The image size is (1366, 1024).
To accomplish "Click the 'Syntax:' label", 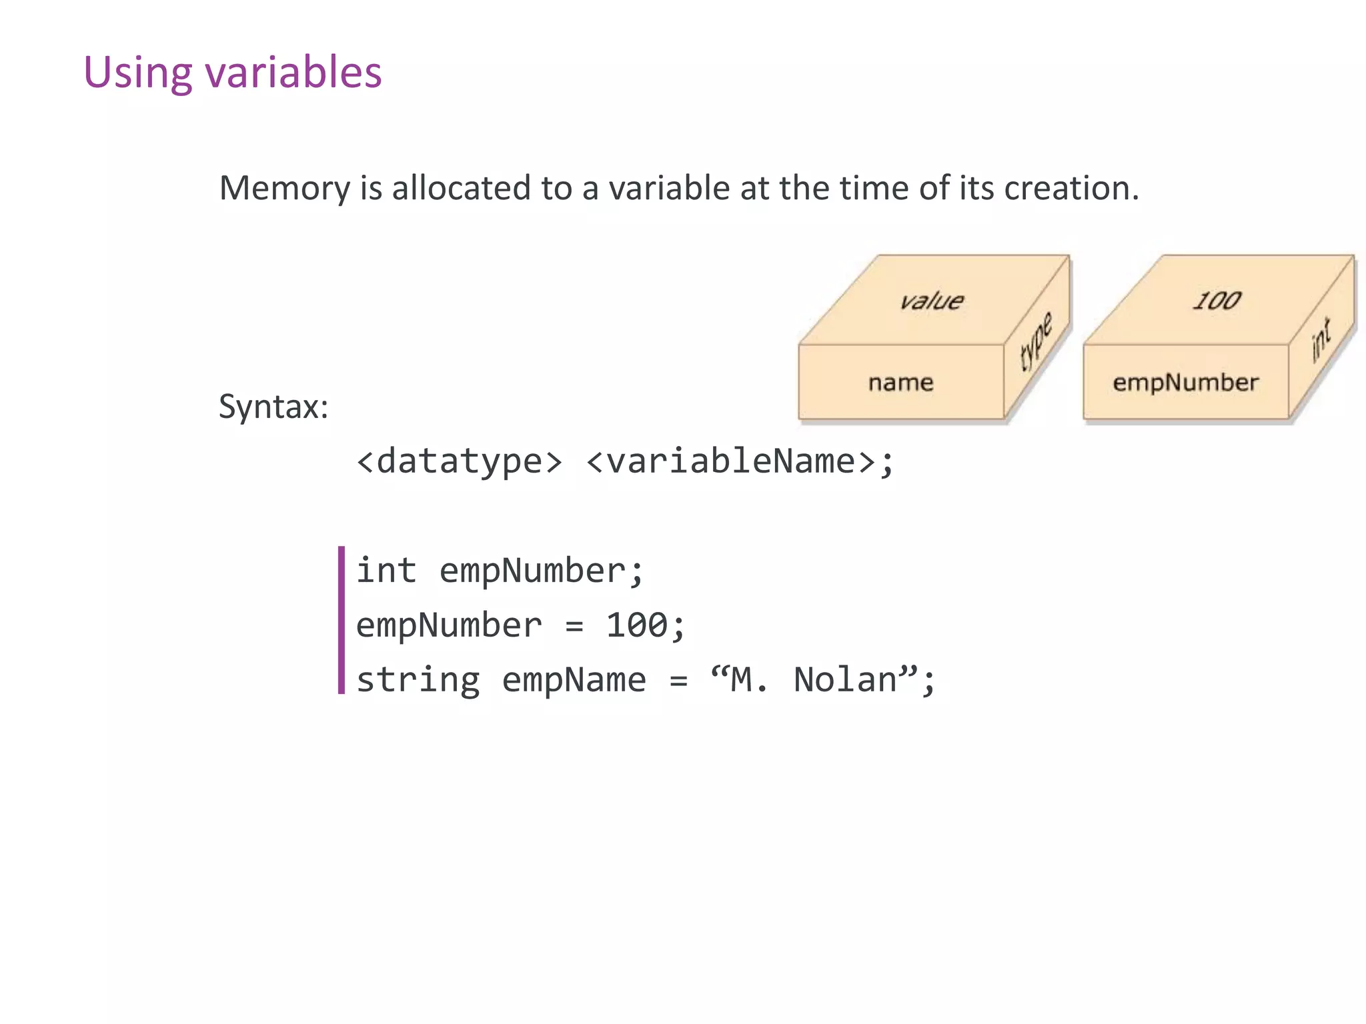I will tap(273, 406).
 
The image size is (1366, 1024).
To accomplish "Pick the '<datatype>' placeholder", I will tap(460, 461).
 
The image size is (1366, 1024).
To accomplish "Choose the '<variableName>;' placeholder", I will tap(739, 461).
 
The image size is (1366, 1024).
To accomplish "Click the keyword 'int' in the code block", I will tap(386, 571).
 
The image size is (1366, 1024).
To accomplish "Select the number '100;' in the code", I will tap(645, 625).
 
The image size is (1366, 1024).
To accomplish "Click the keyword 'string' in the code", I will tap(418, 680).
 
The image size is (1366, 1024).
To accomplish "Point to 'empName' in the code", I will tap(574, 680).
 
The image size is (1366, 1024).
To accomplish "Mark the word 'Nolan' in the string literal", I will tap(845, 680).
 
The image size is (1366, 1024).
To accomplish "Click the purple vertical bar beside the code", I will tap(341, 620).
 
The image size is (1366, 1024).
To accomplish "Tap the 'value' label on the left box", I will tap(931, 301).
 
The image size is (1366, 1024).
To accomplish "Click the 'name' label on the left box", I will tap(900, 383).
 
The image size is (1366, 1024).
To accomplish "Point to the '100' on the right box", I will tap(1217, 301).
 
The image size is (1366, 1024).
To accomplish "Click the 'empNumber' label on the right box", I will tap(1185, 383).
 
